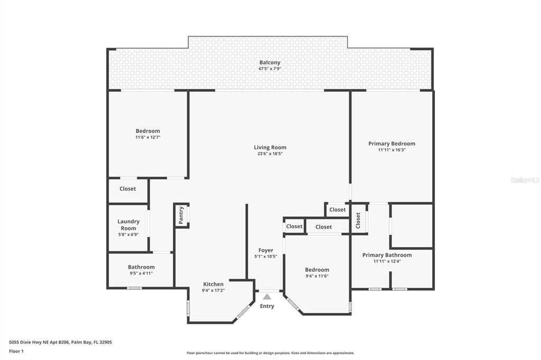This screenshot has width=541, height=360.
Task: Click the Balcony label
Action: pyautogui.click(x=269, y=62)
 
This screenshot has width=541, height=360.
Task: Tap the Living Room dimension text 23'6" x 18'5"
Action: pyautogui.click(x=269, y=154)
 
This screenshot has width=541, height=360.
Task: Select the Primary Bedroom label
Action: pyautogui.click(x=391, y=144)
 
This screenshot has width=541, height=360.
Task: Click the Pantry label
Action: pyautogui.click(x=181, y=215)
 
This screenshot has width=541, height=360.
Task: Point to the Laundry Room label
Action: pyautogui.click(x=128, y=225)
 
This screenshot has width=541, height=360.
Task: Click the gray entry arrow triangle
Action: pyautogui.click(x=267, y=297)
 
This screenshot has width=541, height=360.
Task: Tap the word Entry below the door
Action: pyautogui.click(x=267, y=306)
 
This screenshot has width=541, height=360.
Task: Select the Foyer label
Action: pyautogui.click(x=266, y=250)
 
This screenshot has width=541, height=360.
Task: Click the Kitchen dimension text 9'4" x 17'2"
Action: pyautogui.click(x=213, y=290)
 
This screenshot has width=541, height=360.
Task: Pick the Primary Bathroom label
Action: pyautogui.click(x=387, y=255)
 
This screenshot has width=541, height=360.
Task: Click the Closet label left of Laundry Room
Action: pyautogui.click(x=127, y=188)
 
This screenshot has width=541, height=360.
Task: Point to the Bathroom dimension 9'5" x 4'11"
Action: pyautogui.click(x=141, y=273)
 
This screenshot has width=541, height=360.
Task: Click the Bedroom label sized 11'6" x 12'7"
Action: pyautogui.click(x=147, y=131)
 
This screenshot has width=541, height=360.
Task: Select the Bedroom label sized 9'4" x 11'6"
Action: pyautogui.click(x=317, y=270)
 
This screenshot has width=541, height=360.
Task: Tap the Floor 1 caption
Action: pyautogui.click(x=17, y=351)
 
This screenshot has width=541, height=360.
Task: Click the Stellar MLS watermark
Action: pyautogui.click(x=525, y=180)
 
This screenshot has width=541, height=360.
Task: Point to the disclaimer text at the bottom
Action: pyautogui.click(x=270, y=353)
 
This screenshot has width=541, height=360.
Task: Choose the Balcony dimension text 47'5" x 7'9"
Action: pyautogui.click(x=269, y=69)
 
